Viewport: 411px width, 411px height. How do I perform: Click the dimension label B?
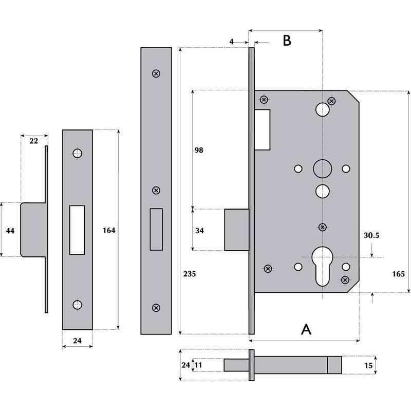pyautogui.click(x=287, y=41)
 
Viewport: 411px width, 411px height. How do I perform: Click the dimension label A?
pyautogui.click(x=306, y=329)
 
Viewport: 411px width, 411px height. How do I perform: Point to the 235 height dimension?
pyautogui.click(x=190, y=274)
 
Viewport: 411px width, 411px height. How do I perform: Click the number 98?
pyautogui.click(x=199, y=150)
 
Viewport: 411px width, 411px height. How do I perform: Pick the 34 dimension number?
pyautogui.click(x=199, y=231)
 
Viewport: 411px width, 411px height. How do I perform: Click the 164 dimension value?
pyautogui.click(x=108, y=230)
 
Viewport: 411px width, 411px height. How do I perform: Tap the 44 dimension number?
pyautogui.click(x=10, y=231)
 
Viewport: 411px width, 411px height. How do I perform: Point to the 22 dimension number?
pyautogui.click(x=34, y=141)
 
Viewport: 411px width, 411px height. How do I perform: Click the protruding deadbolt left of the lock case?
pyautogui.click(x=236, y=230)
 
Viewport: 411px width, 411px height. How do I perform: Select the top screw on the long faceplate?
pyautogui.click(x=156, y=73)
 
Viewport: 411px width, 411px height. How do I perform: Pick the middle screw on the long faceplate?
pyautogui.click(x=156, y=191)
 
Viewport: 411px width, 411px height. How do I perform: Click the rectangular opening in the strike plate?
pyautogui.click(x=77, y=229)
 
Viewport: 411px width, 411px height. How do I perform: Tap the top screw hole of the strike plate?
pyautogui.click(x=77, y=153)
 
